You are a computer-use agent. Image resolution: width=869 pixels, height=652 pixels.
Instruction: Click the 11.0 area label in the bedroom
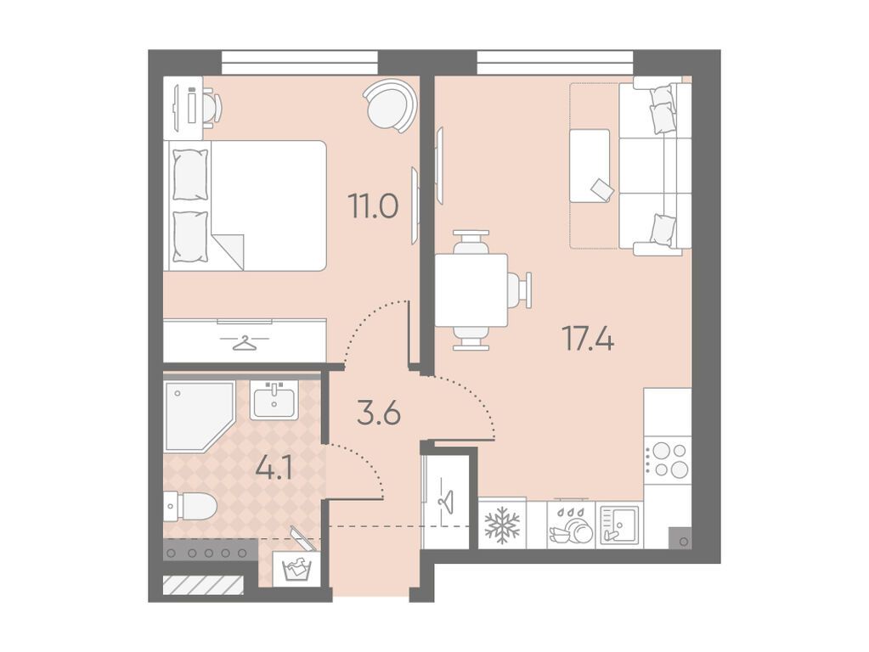pyautogui.click(x=373, y=205)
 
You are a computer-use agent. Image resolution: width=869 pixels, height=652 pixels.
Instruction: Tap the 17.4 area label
pyautogui.click(x=588, y=339)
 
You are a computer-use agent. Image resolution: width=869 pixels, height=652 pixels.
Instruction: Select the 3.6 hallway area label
pyautogui.click(x=379, y=413)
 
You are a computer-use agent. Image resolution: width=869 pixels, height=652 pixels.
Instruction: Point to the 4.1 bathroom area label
pyautogui.click(x=274, y=469)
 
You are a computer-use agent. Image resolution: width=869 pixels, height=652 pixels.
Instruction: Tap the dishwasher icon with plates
pyautogui.click(x=571, y=526)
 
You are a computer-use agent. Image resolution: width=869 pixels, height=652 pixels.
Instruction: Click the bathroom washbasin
pyautogui.click(x=274, y=400)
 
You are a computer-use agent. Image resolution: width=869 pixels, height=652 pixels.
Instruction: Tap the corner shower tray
pyautogui.click(x=199, y=415)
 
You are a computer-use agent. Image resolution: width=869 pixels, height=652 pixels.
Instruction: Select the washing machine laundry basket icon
pyautogui.click(x=296, y=568)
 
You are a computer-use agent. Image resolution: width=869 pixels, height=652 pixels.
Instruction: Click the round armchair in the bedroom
pyautogui.click(x=390, y=105)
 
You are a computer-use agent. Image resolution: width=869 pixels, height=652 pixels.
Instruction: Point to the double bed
pyautogui.click(x=245, y=205)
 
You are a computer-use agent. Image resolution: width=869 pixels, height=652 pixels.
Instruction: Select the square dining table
pyautogui.click(x=471, y=290)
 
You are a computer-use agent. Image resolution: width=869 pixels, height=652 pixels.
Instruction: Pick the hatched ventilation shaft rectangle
pyautogui.click(x=203, y=585)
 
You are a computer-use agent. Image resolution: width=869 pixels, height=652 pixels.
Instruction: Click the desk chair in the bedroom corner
pyautogui.click(x=212, y=108)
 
